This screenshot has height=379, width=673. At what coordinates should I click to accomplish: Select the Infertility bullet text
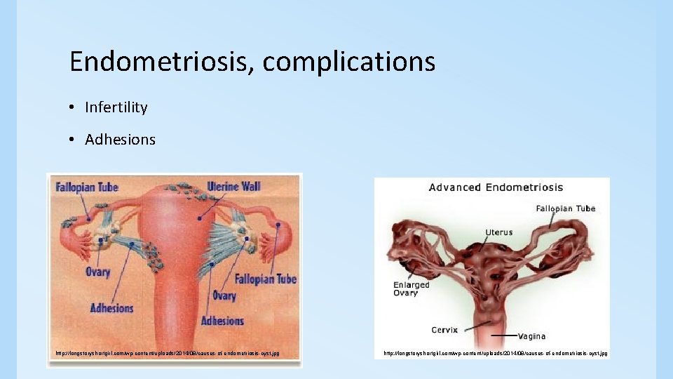click(116, 107)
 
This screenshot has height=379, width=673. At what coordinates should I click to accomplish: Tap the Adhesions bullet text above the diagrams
click(120, 140)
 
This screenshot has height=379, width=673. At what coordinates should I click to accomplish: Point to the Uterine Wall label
click(233, 187)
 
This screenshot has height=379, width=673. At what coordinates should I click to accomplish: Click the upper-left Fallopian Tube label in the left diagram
click(88, 187)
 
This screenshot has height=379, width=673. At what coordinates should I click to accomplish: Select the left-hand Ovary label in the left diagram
click(98, 272)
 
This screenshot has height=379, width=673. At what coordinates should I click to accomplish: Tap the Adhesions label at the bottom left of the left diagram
click(111, 307)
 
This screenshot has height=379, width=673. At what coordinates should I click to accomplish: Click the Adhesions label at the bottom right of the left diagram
click(222, 321)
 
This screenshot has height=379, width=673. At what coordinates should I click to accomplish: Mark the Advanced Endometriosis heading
click(496, 187)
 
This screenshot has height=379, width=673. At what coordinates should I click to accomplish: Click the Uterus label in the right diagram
click(498, 232)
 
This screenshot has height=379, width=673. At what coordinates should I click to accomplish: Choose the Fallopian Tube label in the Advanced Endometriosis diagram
click(565, 208)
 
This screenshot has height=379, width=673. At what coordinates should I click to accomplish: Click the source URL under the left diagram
click(168, 352)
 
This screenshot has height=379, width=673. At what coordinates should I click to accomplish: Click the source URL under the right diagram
click(495, 353)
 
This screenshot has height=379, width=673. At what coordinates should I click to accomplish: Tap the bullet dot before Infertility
click(72, 108)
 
